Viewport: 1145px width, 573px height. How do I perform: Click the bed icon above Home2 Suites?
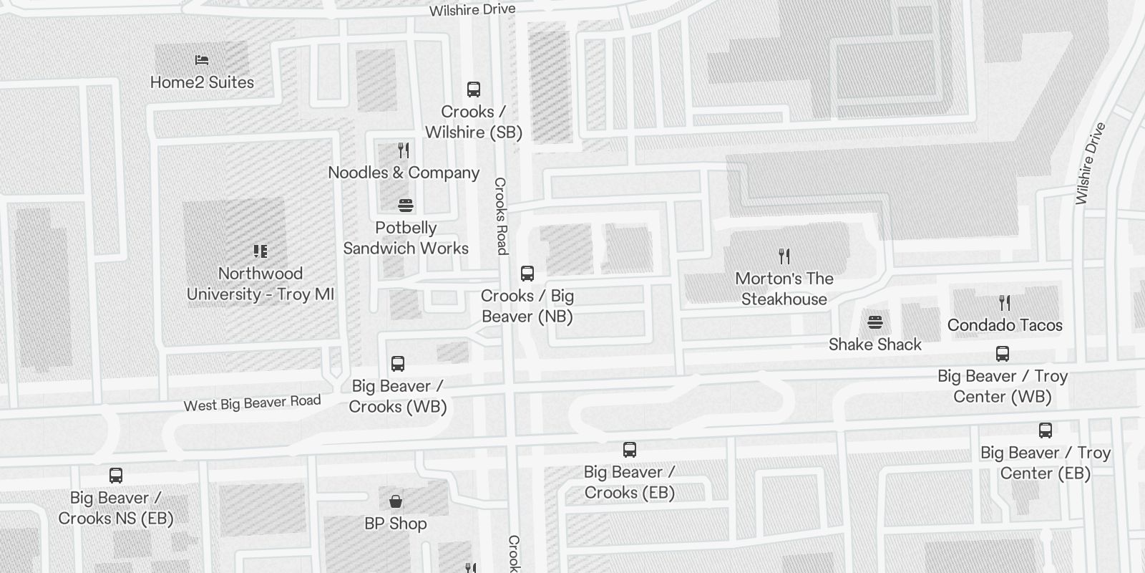point(202,60)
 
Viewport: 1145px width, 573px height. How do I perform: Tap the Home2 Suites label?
point(202,82)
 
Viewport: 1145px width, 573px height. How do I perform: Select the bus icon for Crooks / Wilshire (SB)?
point(473,90)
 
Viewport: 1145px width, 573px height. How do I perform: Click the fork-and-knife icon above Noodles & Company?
point(404,150)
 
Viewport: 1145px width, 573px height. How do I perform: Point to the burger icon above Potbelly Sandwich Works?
point(406,206)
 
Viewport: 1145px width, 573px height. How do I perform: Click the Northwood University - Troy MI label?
point(260,284)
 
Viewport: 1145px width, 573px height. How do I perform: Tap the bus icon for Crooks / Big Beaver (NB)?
point(527,274)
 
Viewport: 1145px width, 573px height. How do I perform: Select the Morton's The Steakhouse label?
point(784,289)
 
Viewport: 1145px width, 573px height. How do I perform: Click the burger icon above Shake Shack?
point(874,322)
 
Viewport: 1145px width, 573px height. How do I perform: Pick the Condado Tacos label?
point(1005,325)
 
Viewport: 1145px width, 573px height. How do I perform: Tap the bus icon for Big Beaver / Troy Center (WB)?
point(1003,354)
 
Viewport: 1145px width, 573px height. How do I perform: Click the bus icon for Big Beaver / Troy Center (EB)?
point(1046,430)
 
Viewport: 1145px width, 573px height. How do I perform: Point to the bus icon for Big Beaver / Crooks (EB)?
point(630,450)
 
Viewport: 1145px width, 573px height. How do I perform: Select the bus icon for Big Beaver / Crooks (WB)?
point(398,364)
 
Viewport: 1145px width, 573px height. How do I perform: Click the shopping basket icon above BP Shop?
point(396,501)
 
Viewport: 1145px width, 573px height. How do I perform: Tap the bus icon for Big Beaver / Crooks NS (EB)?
point(116,476)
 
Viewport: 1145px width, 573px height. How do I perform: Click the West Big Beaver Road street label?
point(252,403)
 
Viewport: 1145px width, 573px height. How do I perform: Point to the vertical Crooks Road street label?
point(501,216)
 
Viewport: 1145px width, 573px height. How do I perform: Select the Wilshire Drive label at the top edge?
point(472,10)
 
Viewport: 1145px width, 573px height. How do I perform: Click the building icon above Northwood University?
point(260,251)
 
